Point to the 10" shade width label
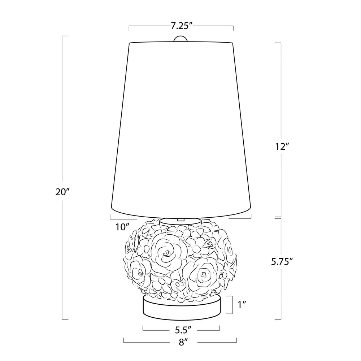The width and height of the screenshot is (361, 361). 122,227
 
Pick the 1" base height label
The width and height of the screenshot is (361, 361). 242,305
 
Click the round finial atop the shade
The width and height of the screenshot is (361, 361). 181,39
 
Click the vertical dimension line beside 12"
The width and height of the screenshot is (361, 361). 281,90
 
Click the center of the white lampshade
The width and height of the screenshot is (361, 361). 181,126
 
